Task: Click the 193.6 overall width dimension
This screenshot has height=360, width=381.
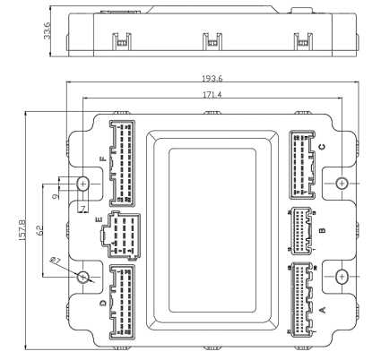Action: tap(212, 79)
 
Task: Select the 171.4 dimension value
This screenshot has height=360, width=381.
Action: tap(212, 95)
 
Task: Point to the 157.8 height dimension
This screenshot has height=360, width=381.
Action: tap(22, 230)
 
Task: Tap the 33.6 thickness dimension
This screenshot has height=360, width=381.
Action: tap(47, 30)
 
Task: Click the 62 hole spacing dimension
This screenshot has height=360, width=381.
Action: tap(39, 229)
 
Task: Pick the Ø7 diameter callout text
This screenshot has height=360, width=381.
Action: tap(56, 261)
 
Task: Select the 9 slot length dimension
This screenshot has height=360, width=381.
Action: tap(55, 196)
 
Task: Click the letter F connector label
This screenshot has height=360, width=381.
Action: tap(103, 159)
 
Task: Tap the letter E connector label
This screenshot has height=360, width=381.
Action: tap(99, 220)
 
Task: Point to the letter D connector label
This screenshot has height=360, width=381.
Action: tap(103, 304)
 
